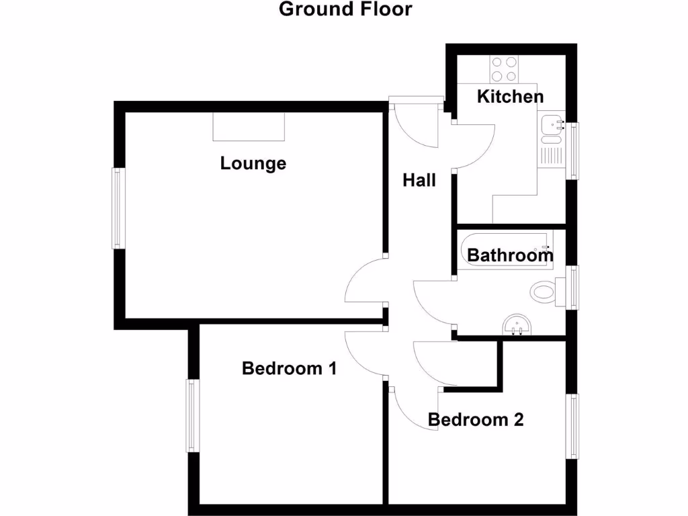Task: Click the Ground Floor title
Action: pyautogui.click(x=345, y=9)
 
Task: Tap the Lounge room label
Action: pyautogui.click(x=253, y=163)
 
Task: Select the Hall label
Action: pyautogui.click(x=419, y=180)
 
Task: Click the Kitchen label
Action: pyautogui.click(x=510, y=97)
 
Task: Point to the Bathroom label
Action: pyautogui.click(x=510, y=255)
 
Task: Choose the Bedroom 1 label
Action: pyautogui.click(x=289, y=368)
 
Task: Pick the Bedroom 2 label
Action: pyautogui.click(x=476, y=420)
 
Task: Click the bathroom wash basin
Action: pyautogui.click(x=517, y=325)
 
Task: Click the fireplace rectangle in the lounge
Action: pyautogui.click(x=249, y=126)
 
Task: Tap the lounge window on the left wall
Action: pyautogui.click(x=118, y=208)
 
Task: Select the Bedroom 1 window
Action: pyautogui.click(x=193, y=415)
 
